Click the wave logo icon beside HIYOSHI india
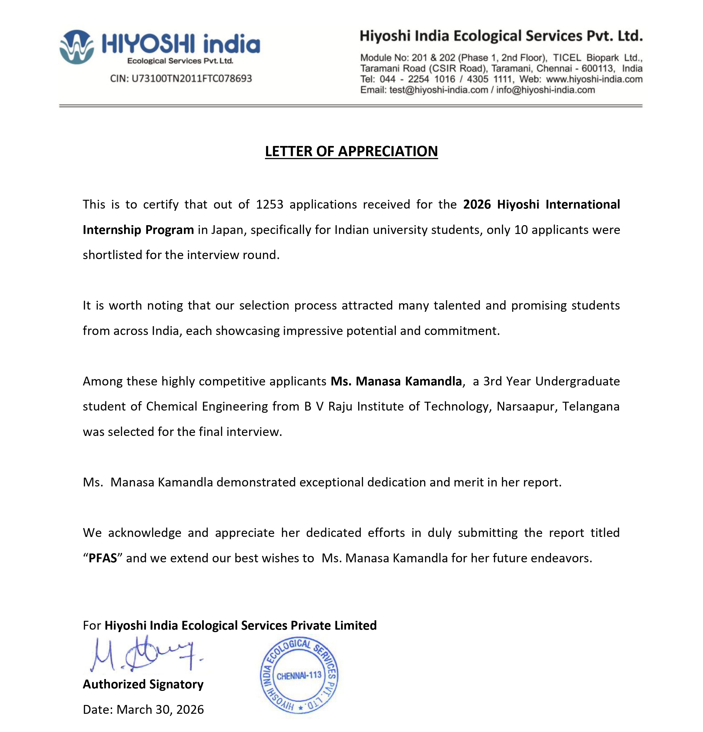76,47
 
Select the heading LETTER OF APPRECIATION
351,151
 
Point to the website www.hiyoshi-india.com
594,79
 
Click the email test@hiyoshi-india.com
438,90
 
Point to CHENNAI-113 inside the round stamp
299,675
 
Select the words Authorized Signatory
143,684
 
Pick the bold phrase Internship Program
138,230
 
